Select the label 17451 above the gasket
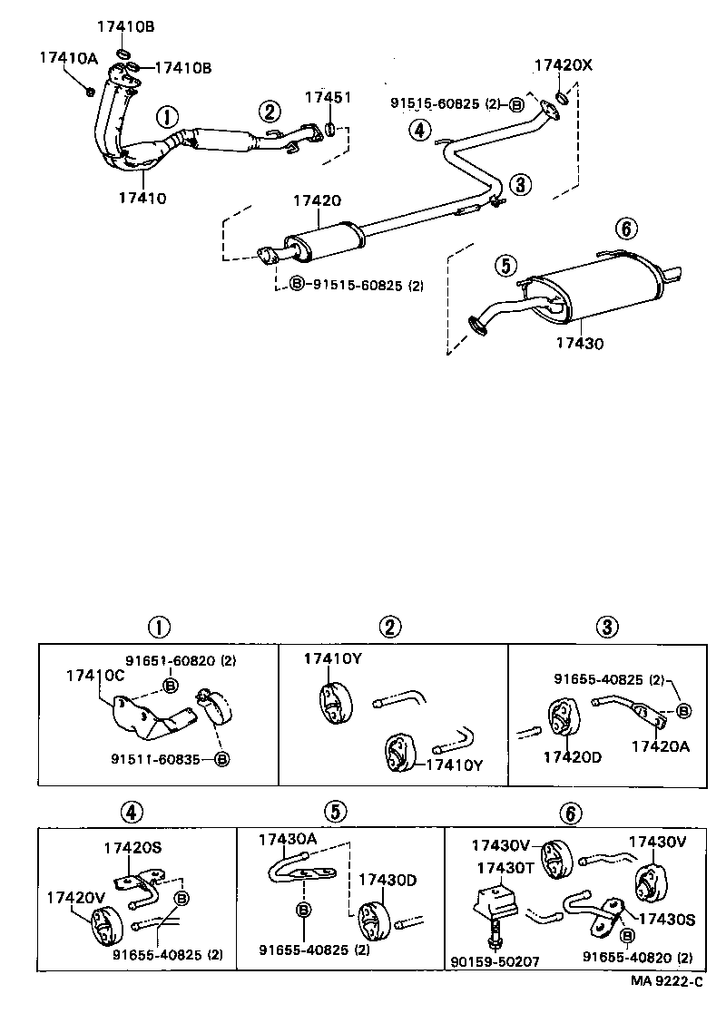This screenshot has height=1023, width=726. point(328,97)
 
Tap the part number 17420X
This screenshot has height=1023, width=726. point(563,65)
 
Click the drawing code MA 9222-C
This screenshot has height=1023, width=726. point(667,981)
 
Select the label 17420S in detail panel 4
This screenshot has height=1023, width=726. point(132,848)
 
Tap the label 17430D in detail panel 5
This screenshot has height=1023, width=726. point(388,880)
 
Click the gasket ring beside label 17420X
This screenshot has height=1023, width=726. point(561,98)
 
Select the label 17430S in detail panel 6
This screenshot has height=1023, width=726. point(665,920)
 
